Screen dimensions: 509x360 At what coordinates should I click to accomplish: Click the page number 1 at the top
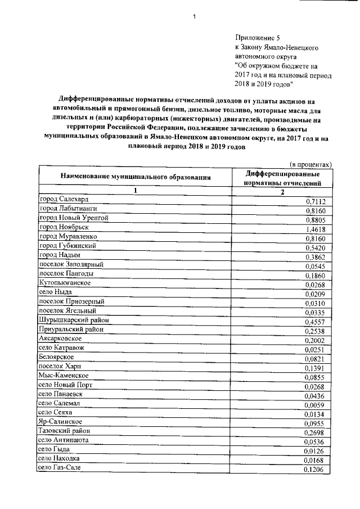tap(193, 17)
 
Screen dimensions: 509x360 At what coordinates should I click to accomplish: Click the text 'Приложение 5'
tap(256, 36)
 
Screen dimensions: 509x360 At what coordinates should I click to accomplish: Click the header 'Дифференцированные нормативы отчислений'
tap(283, 178)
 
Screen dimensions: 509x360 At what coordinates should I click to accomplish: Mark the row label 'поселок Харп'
tap(61, 366)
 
